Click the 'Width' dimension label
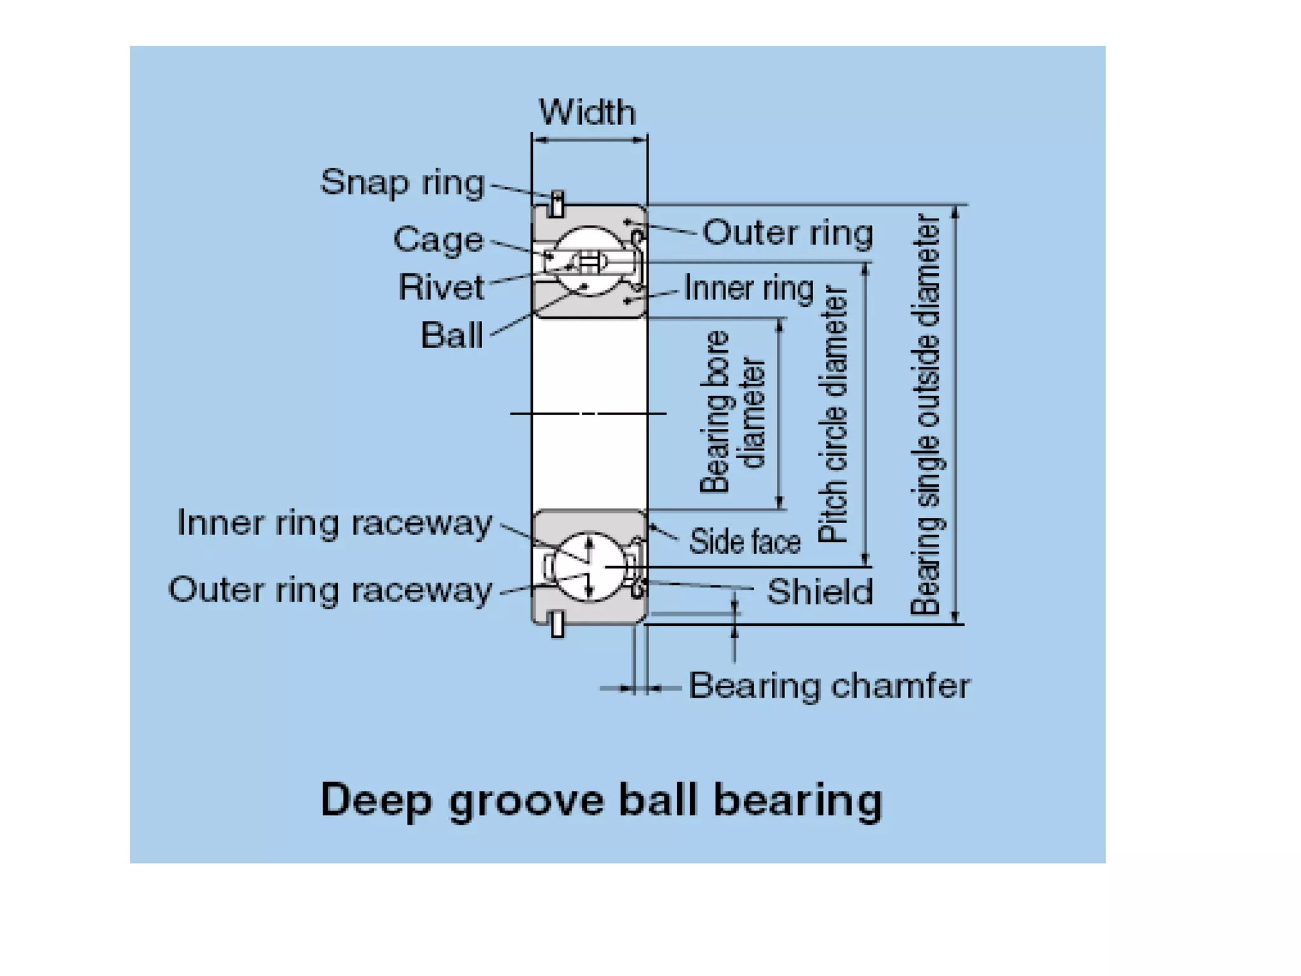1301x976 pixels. click(587, 112)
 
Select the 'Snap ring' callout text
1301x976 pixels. click(402, 182)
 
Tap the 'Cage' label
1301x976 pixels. click(438, 240)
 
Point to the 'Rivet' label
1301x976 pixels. click(441, 287)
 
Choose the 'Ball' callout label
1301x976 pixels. click(452, 335)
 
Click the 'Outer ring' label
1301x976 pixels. click(788, 233)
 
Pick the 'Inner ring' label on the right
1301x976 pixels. click(749, 288)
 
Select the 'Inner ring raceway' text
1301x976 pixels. click(335, 523)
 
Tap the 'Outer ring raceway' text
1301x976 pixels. click(330, 590)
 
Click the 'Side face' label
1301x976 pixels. click(745, 542)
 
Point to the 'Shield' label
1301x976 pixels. click(819, 592)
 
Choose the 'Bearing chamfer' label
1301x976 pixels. click(829, 686)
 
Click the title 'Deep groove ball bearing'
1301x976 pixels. click(602, 799)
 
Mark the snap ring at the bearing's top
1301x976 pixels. click(557, 203)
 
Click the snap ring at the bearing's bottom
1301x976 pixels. click(557, 623)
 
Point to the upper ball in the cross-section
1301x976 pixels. click(590, 261)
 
